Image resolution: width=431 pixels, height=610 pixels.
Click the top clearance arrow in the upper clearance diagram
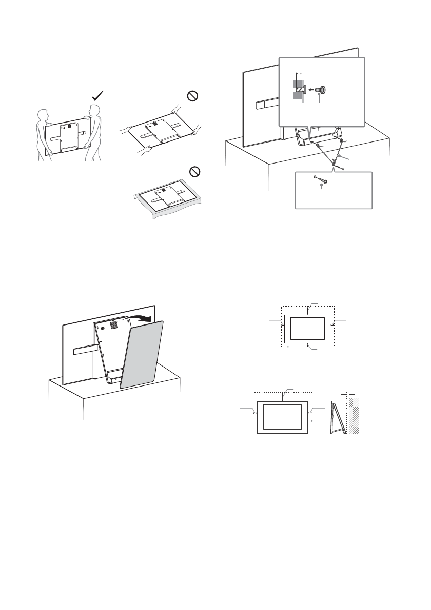[x=307, y=310]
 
